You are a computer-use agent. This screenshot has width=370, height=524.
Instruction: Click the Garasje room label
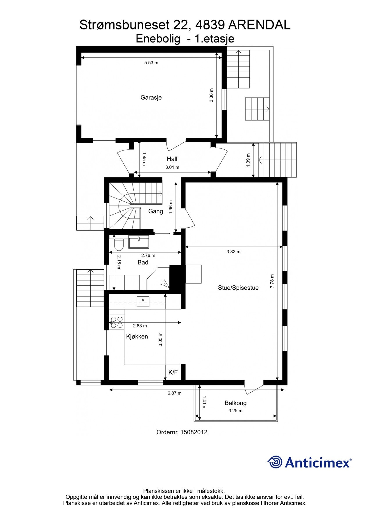[x=151, y=98]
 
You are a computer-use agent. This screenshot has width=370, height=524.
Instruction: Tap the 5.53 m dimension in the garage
[x=151, y=63]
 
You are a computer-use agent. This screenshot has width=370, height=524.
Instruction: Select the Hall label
[x=172, y=159]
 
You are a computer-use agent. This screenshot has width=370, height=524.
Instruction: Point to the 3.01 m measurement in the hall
[x=172, y=167]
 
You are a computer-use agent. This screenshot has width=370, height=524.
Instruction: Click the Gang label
[x=155, y=211]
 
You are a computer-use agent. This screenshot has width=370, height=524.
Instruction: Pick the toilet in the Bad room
[x=119, y=245]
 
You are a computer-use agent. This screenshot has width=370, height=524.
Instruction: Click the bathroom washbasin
[x=139, y=242]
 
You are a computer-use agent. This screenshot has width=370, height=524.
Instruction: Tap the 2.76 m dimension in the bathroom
[x=148, y=256]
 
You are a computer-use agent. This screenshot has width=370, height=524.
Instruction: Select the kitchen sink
[x=143, y=302]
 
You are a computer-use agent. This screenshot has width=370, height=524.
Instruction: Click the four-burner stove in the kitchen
[x=117, y=322]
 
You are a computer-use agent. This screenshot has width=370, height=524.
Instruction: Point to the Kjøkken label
[x=137, y=337]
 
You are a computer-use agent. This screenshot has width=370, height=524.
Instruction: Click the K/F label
[x=173, y=372]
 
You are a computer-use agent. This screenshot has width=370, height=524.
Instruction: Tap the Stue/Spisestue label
[x=238, y=288]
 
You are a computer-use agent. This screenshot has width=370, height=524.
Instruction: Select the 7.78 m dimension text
[x=272, y=281]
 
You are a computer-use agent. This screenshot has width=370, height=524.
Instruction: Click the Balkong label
[x=235, y=403]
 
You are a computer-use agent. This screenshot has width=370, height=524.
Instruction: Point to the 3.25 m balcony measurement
[x=235, y=411]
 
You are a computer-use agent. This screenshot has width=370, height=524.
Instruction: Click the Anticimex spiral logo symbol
[x=275, y=462]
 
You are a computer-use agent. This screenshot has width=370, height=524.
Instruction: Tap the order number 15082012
[x=194, y=432]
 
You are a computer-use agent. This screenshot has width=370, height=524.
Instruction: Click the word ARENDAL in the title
[x=259, y=25]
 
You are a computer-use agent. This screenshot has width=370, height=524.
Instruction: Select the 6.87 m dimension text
[x=174, y=393]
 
